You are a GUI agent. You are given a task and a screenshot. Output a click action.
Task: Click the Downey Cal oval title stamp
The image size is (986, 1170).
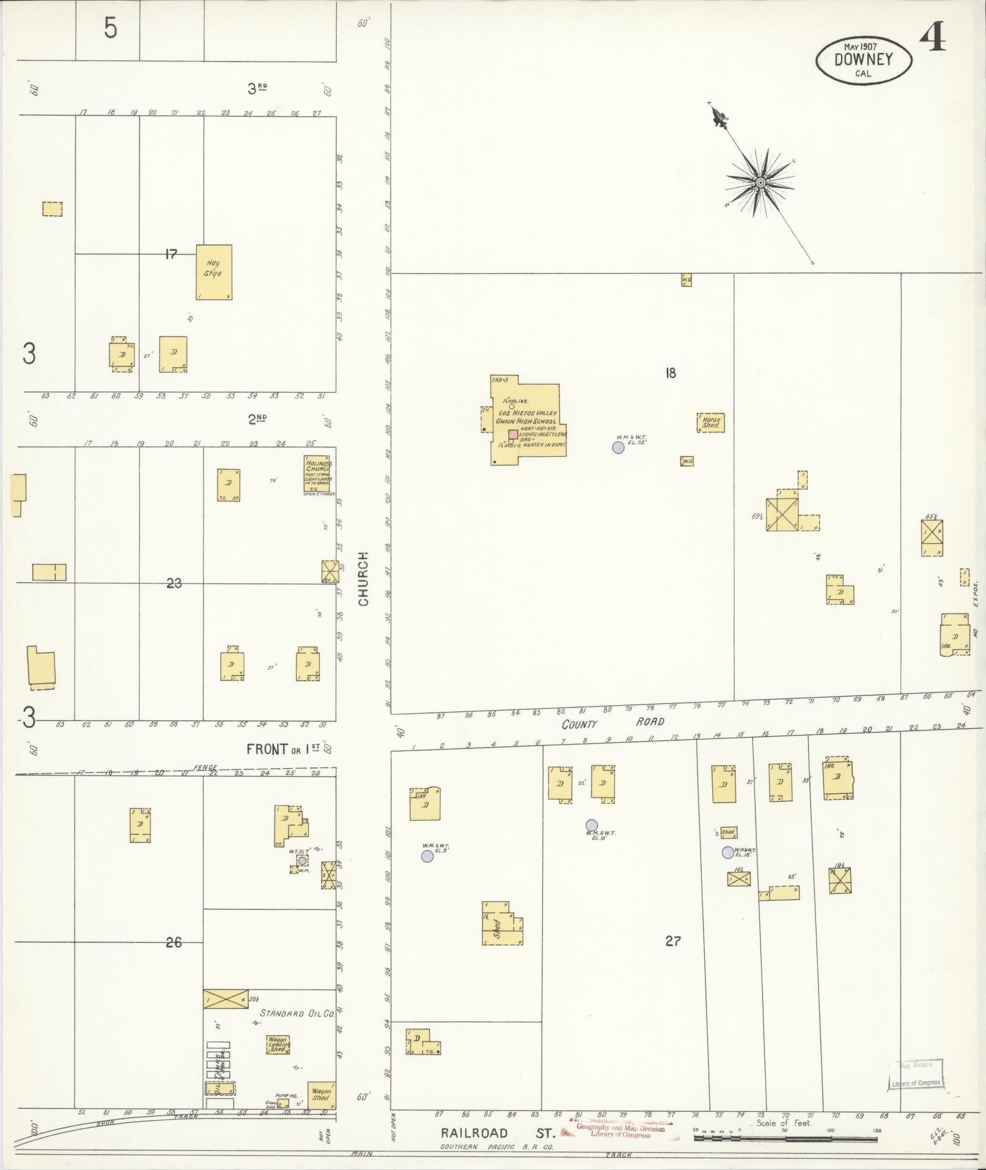(x=863, y=60)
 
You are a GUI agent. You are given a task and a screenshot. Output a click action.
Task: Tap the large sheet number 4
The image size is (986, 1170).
(x=932, y=38)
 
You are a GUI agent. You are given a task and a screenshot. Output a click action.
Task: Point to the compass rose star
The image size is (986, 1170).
(x=760, y=182)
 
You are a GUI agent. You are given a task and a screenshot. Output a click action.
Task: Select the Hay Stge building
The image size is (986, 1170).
(x=214, y=272)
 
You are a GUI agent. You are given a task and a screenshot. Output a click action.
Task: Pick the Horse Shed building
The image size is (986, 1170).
(x=710, y=422)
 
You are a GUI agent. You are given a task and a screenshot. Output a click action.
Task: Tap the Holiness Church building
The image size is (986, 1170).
(x=318, y=474)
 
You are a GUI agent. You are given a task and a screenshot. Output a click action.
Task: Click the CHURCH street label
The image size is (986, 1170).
(x=364, y=578)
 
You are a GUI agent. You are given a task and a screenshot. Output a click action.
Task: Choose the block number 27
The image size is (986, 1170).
(x=672, y=941)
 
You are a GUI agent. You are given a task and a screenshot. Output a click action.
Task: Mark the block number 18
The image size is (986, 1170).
(x=671, y=372)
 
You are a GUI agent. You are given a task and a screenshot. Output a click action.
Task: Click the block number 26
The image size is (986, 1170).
(x=174, y=942)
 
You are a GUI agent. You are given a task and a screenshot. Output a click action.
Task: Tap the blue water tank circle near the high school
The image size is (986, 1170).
(x=618, y=447)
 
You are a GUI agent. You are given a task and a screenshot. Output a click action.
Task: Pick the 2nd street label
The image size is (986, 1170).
(x=257, y=418)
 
